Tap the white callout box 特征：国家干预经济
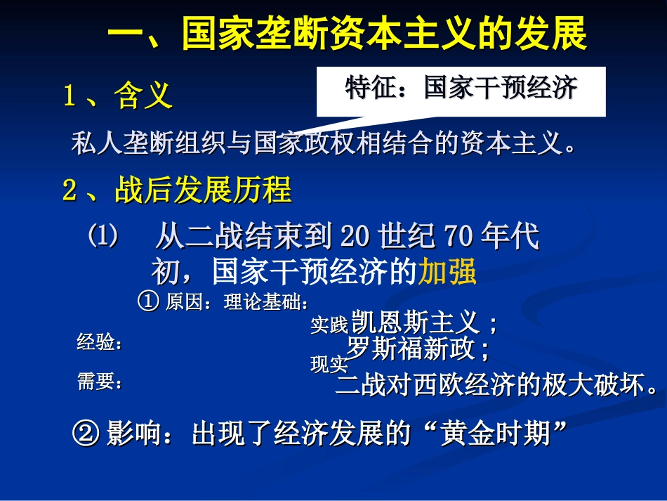point(461,89)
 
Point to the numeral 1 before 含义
point(69,96)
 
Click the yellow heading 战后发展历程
point(203,190)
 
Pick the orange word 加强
point(447,271)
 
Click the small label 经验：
point(100,344)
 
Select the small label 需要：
point(100,382)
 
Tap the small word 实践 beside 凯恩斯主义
point(329,325)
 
